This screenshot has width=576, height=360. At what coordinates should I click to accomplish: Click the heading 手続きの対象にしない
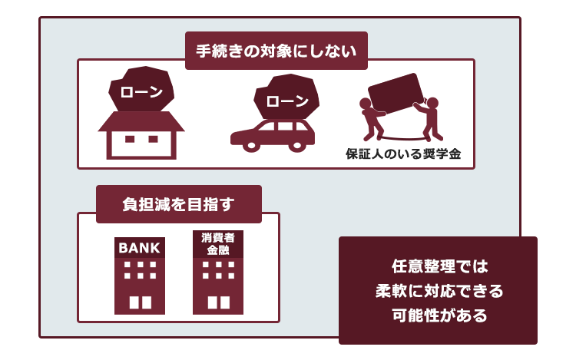coord(276,51)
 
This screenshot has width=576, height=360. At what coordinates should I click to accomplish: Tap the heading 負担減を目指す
coord(178,204)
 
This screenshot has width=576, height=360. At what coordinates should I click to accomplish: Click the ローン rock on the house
coord(141,89)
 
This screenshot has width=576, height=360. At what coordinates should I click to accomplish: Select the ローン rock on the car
coord(286,97)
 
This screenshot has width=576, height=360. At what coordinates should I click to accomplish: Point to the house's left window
coord(130,139)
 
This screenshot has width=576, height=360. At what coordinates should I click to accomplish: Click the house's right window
coord(153,139)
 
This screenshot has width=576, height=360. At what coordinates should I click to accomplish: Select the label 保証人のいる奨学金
coord(403,154)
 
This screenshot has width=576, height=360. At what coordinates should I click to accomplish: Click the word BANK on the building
coord(139,249)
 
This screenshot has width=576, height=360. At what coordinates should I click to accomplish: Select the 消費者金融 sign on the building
coord(218,244)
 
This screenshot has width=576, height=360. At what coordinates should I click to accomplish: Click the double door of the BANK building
coord(141,302)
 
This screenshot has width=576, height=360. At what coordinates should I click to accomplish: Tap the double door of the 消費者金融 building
coord(219,302)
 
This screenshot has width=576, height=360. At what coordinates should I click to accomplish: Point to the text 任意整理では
coord(439,266)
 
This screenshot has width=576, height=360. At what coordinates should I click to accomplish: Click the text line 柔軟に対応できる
coord(439,291)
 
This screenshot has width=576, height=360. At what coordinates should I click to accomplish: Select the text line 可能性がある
coord(439,315)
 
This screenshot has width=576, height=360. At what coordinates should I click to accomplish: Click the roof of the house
coord(141,121)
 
